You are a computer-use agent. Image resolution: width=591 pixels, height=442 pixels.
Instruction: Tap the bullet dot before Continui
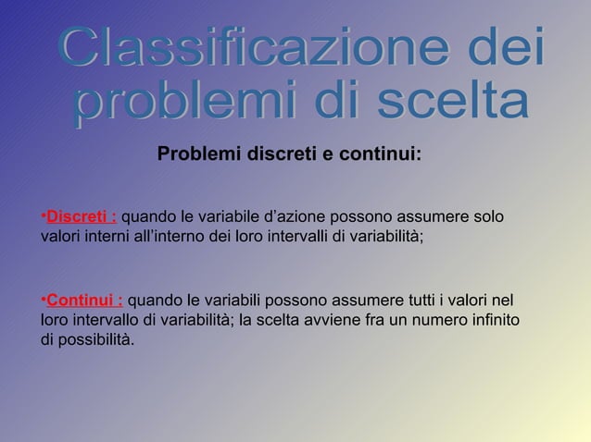click(43, 301)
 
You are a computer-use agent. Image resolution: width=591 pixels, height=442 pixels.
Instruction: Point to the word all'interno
click(172, 236)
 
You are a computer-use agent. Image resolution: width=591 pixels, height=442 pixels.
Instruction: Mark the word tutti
click(417, 301)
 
